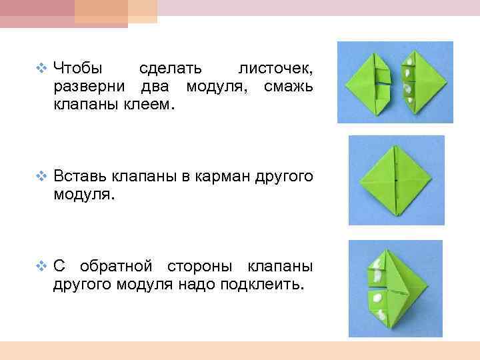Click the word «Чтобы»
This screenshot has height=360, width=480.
click(77, 68)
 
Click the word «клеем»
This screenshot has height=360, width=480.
click(147, 105)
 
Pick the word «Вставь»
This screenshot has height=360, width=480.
click(77, 177)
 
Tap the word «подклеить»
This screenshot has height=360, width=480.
click(265, 285)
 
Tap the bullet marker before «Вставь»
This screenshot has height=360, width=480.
click(43, 177)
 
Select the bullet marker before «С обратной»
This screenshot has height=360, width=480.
click(43, 267)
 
